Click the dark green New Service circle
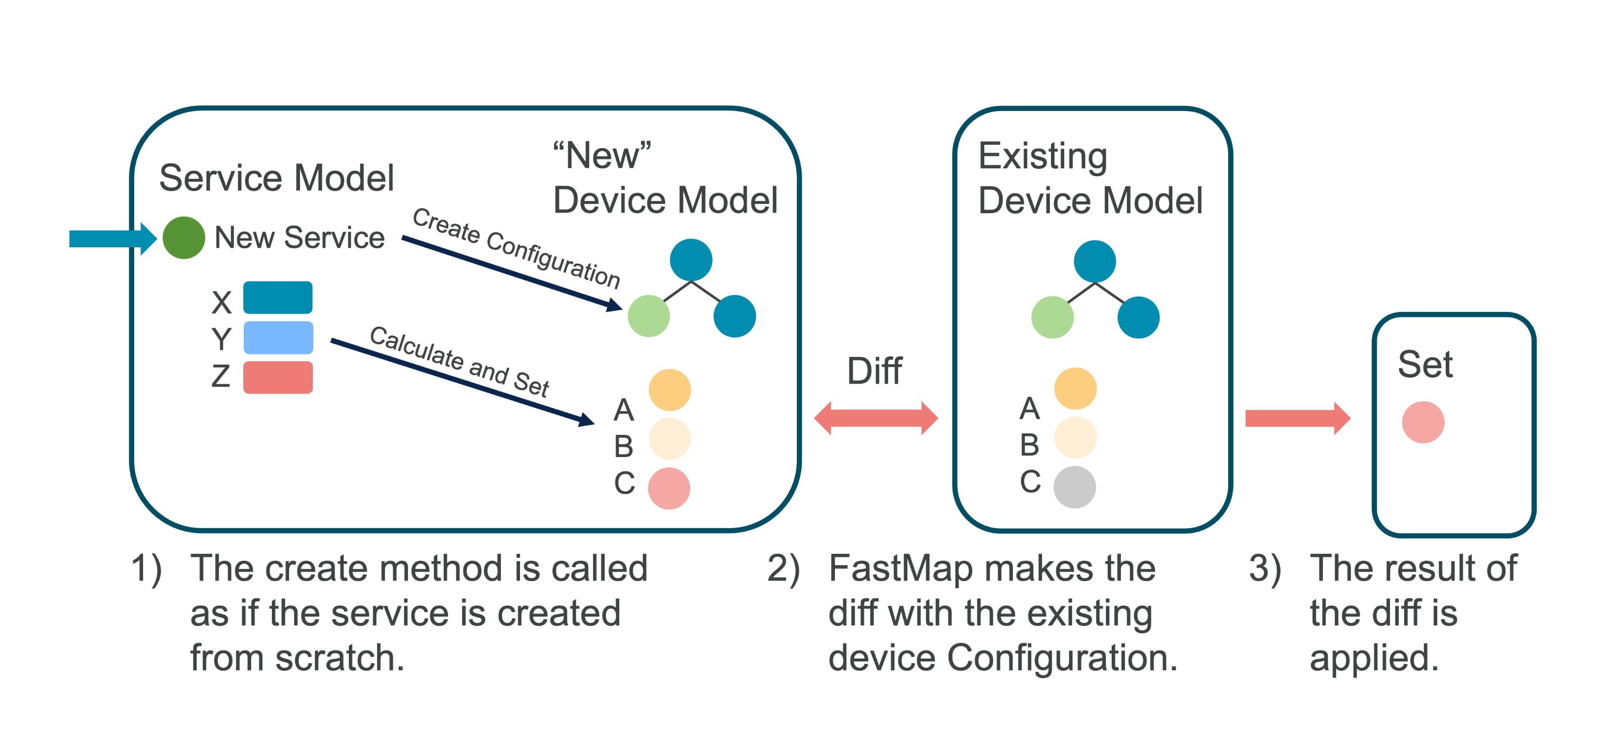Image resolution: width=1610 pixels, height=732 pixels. click(184, 237)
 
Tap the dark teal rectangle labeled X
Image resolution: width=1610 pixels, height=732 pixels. click(277, 298)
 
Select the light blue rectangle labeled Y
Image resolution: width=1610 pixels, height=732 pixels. click(277, 338)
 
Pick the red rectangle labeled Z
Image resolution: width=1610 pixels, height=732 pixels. click(277, 377)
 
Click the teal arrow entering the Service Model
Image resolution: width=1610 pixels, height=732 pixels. click(112, 238)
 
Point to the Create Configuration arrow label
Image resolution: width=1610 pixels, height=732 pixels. click(516, 248)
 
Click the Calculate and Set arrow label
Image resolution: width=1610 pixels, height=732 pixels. click(459, 361)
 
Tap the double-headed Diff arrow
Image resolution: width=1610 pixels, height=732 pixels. click(876, 418)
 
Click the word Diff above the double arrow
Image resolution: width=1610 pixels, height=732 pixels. click(874, 371)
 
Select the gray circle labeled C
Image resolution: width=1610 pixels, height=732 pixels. click(1074, 487)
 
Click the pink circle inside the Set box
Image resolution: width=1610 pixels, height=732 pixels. click(1423, 422)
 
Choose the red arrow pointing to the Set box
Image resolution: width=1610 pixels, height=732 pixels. click(1298, 418)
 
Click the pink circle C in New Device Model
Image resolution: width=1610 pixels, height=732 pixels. click(669, 488)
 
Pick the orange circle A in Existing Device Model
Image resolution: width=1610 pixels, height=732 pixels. click(1075, 388)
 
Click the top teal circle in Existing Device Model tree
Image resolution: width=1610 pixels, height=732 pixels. click(1094, 261)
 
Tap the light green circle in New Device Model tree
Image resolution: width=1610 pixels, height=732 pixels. click(649, 316)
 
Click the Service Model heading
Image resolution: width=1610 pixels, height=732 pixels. click(276, 178)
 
